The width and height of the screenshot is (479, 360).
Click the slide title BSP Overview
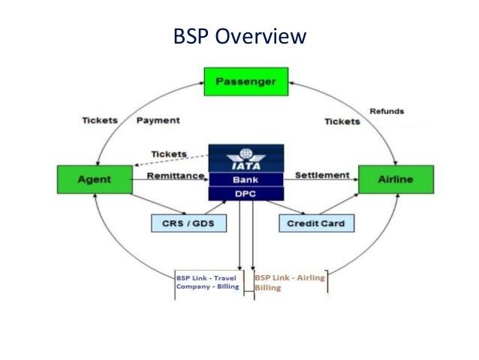239,36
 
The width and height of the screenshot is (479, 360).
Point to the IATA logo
246,159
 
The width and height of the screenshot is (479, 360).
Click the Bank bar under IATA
246,179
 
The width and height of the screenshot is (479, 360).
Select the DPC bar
246,193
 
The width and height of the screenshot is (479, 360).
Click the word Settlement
321,175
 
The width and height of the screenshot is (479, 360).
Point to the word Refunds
387,111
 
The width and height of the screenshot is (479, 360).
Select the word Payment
158,121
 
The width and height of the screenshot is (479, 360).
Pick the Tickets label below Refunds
342,121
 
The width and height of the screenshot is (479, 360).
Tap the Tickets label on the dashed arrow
169,154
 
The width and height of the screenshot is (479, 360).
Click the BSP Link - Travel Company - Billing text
206,281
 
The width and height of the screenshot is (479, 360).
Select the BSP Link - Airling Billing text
289,281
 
